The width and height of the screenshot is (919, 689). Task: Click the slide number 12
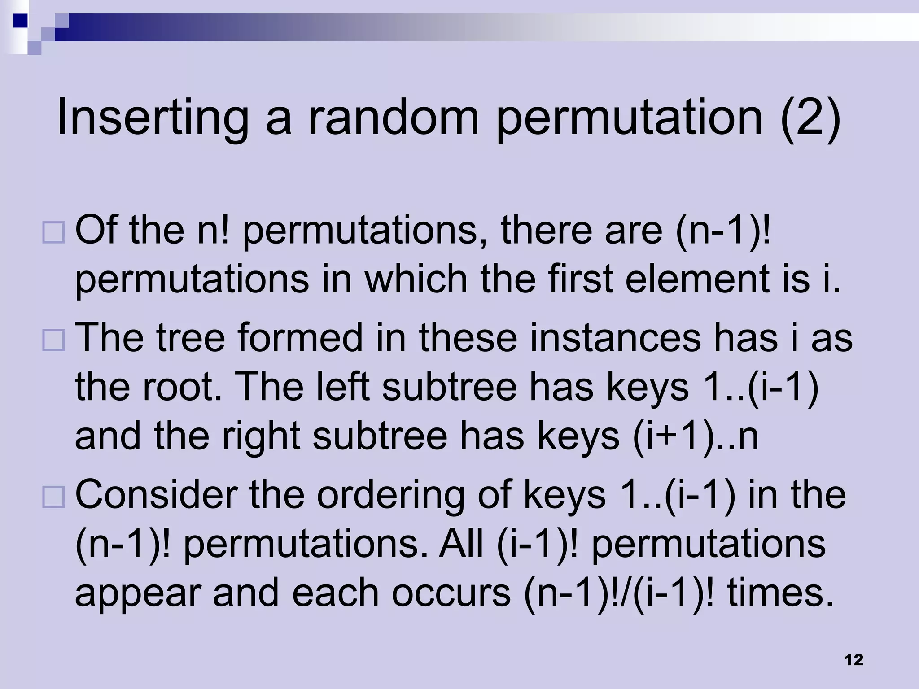click(x=853, y=660)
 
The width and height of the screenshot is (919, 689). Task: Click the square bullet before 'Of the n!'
click(x=53, y=233)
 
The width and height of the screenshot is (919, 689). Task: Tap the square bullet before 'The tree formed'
click(x=53, y=340)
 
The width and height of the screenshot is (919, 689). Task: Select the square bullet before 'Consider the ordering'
click(x=53, y=497)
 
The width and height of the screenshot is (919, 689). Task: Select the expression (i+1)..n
click(x=696, y=437)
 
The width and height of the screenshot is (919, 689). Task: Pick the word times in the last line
click(x=780, y=593)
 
